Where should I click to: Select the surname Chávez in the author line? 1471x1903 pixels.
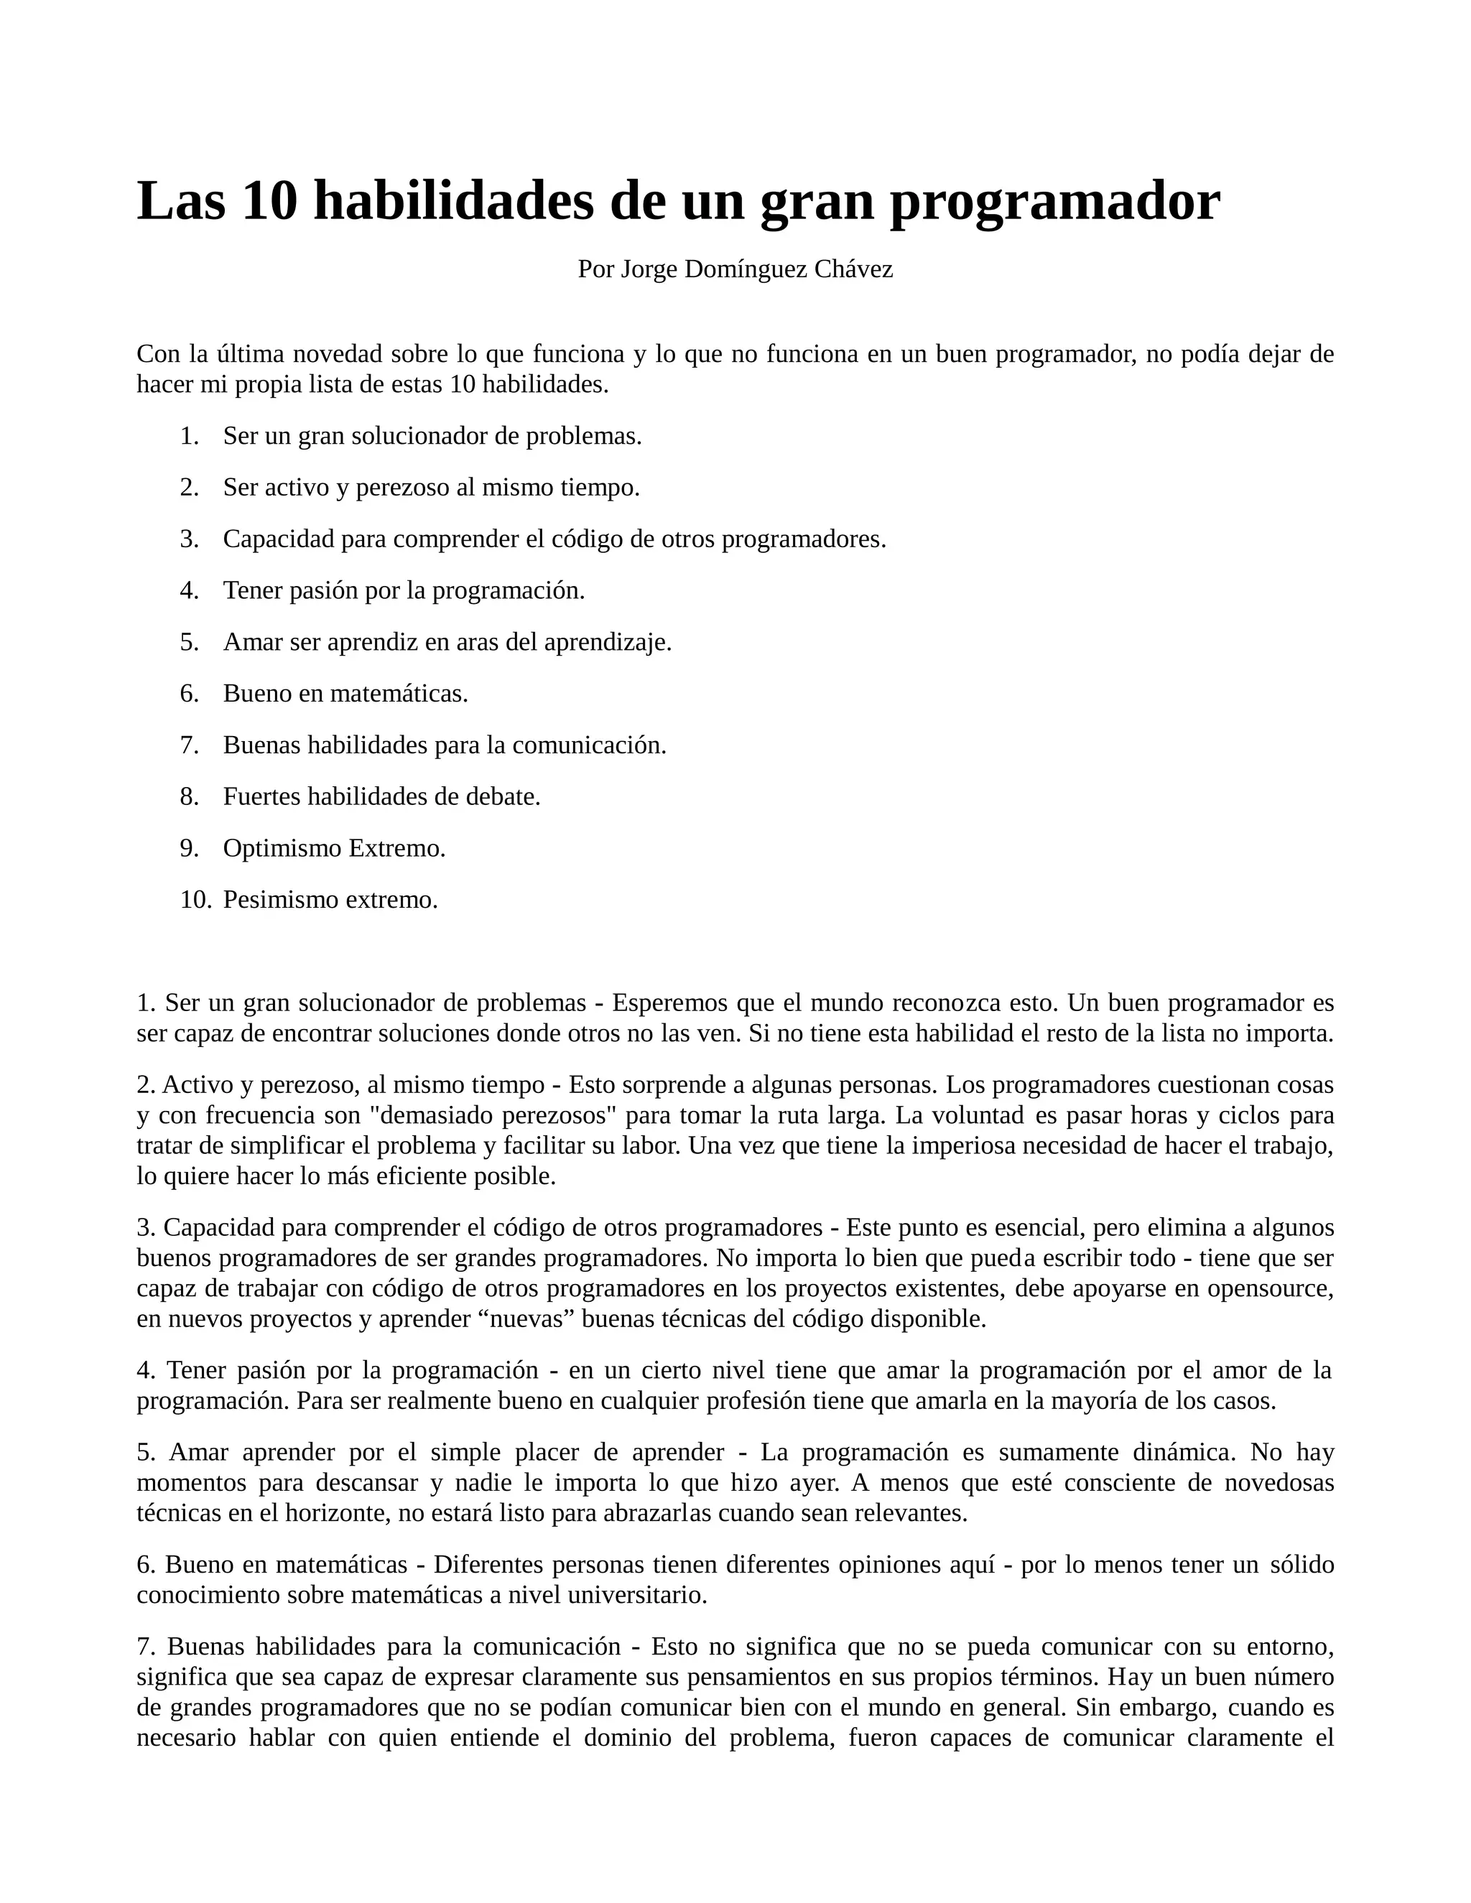(x=853, y=269)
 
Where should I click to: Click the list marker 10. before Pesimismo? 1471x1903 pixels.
(x=195, y=899)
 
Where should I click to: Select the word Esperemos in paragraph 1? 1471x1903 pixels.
(x=670, y=1003)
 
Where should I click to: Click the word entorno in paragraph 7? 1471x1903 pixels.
(x=1290, y=1647)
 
